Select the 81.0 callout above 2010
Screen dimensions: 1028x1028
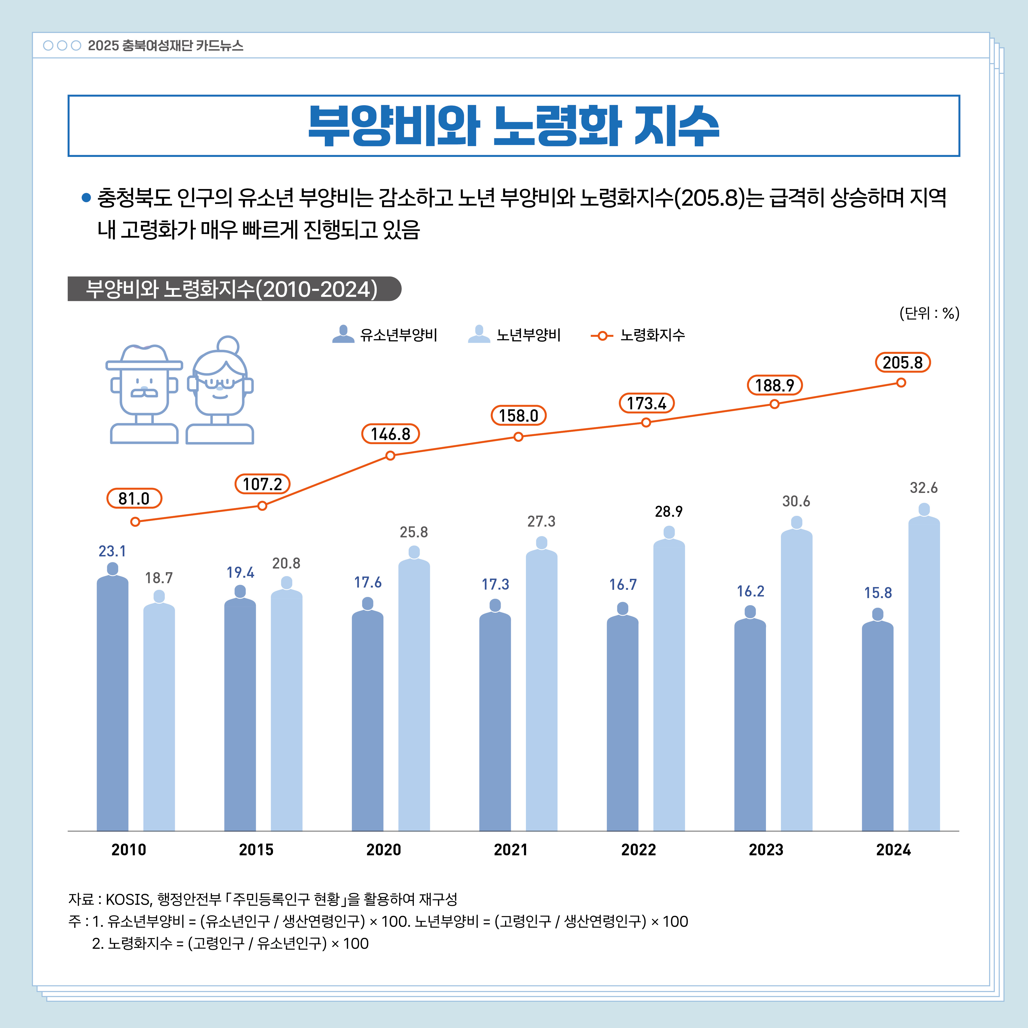134,499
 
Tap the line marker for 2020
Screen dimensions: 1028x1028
390,455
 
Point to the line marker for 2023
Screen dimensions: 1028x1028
774,404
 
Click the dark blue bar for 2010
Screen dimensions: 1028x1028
112,702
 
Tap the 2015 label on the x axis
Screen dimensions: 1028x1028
256,850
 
